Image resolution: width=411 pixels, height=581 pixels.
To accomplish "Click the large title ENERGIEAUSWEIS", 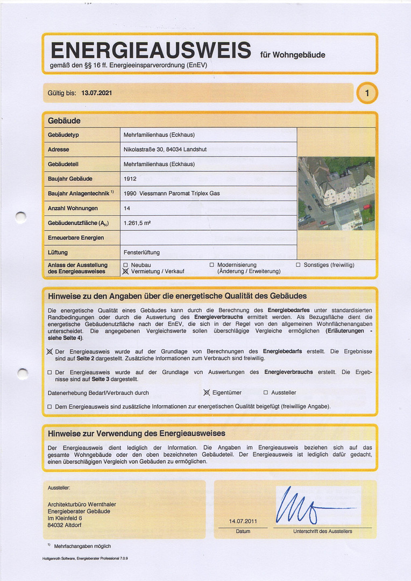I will pyautogui.click(x=151, y=51).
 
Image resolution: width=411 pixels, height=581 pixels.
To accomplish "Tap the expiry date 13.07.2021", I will pyautogui.click(x=97, y=93).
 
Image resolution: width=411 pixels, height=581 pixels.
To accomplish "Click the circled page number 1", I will pyautogui.click(x=367, y=94).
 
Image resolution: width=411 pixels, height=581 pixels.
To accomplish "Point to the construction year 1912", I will pyautogui.click(x=130, y=179).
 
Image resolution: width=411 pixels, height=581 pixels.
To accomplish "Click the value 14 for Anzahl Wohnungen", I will pyautogui.click(x=127, y=208).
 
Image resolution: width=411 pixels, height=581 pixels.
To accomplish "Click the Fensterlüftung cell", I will pyautogui.click(x=141, y=252).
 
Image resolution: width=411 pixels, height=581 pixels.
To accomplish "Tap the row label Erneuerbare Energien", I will pyautogui.click(x=76, y=237).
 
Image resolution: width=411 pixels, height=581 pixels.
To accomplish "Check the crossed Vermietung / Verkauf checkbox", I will pyautogui.click(x=126, y=272).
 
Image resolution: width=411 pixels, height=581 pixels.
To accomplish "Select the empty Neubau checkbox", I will pyautogui.click(x=126, y=265).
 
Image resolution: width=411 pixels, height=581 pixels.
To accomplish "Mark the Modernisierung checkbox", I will pyautogui.click(x=212, y=265).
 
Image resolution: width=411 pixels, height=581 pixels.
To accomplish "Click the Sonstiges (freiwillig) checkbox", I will pyautogui.click(x=299, y=265).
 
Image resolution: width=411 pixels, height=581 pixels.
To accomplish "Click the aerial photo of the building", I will pyautogui.click(x=336, y=193).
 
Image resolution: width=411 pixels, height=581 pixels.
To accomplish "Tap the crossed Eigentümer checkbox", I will pyautogui.click(x=206, y=393).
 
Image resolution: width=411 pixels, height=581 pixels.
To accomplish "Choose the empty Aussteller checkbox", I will pyautogui.click(x=266, y=393).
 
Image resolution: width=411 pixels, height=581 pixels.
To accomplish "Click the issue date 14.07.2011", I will pyautogui.click(x=243, y=521).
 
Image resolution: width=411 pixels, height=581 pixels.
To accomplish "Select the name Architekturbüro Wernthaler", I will pyautogui.click(x=82, y=504).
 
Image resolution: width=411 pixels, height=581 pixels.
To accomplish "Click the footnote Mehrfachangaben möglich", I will pyautogui.click(x=82, y=546).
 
